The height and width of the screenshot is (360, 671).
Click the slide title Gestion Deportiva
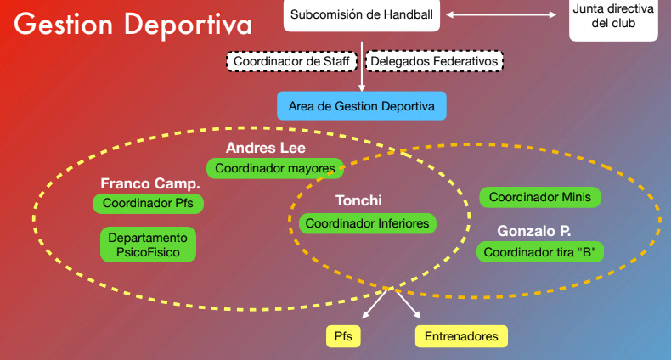(133, 24)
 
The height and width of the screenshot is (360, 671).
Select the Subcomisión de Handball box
(361, 15)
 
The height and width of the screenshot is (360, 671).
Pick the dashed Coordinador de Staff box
(293, 61)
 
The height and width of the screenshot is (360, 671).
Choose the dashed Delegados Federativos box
(434, 61)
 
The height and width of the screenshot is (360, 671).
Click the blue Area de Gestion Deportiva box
(361, 106)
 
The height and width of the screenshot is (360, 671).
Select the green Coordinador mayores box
(275, 168)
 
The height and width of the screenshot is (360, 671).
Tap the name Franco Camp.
(150, 183)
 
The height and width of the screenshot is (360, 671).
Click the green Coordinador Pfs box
(149, 204)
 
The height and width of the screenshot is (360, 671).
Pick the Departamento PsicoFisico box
(148, 245)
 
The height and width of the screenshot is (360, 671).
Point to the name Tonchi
(358, 201)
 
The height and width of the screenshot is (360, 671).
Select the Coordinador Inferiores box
(368, 223)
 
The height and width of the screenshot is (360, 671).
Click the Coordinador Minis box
(540, 197)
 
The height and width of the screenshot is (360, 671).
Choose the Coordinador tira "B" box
(540, 252)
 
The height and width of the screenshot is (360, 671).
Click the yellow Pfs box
(343, 336)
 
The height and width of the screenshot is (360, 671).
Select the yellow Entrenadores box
(461, 336)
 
